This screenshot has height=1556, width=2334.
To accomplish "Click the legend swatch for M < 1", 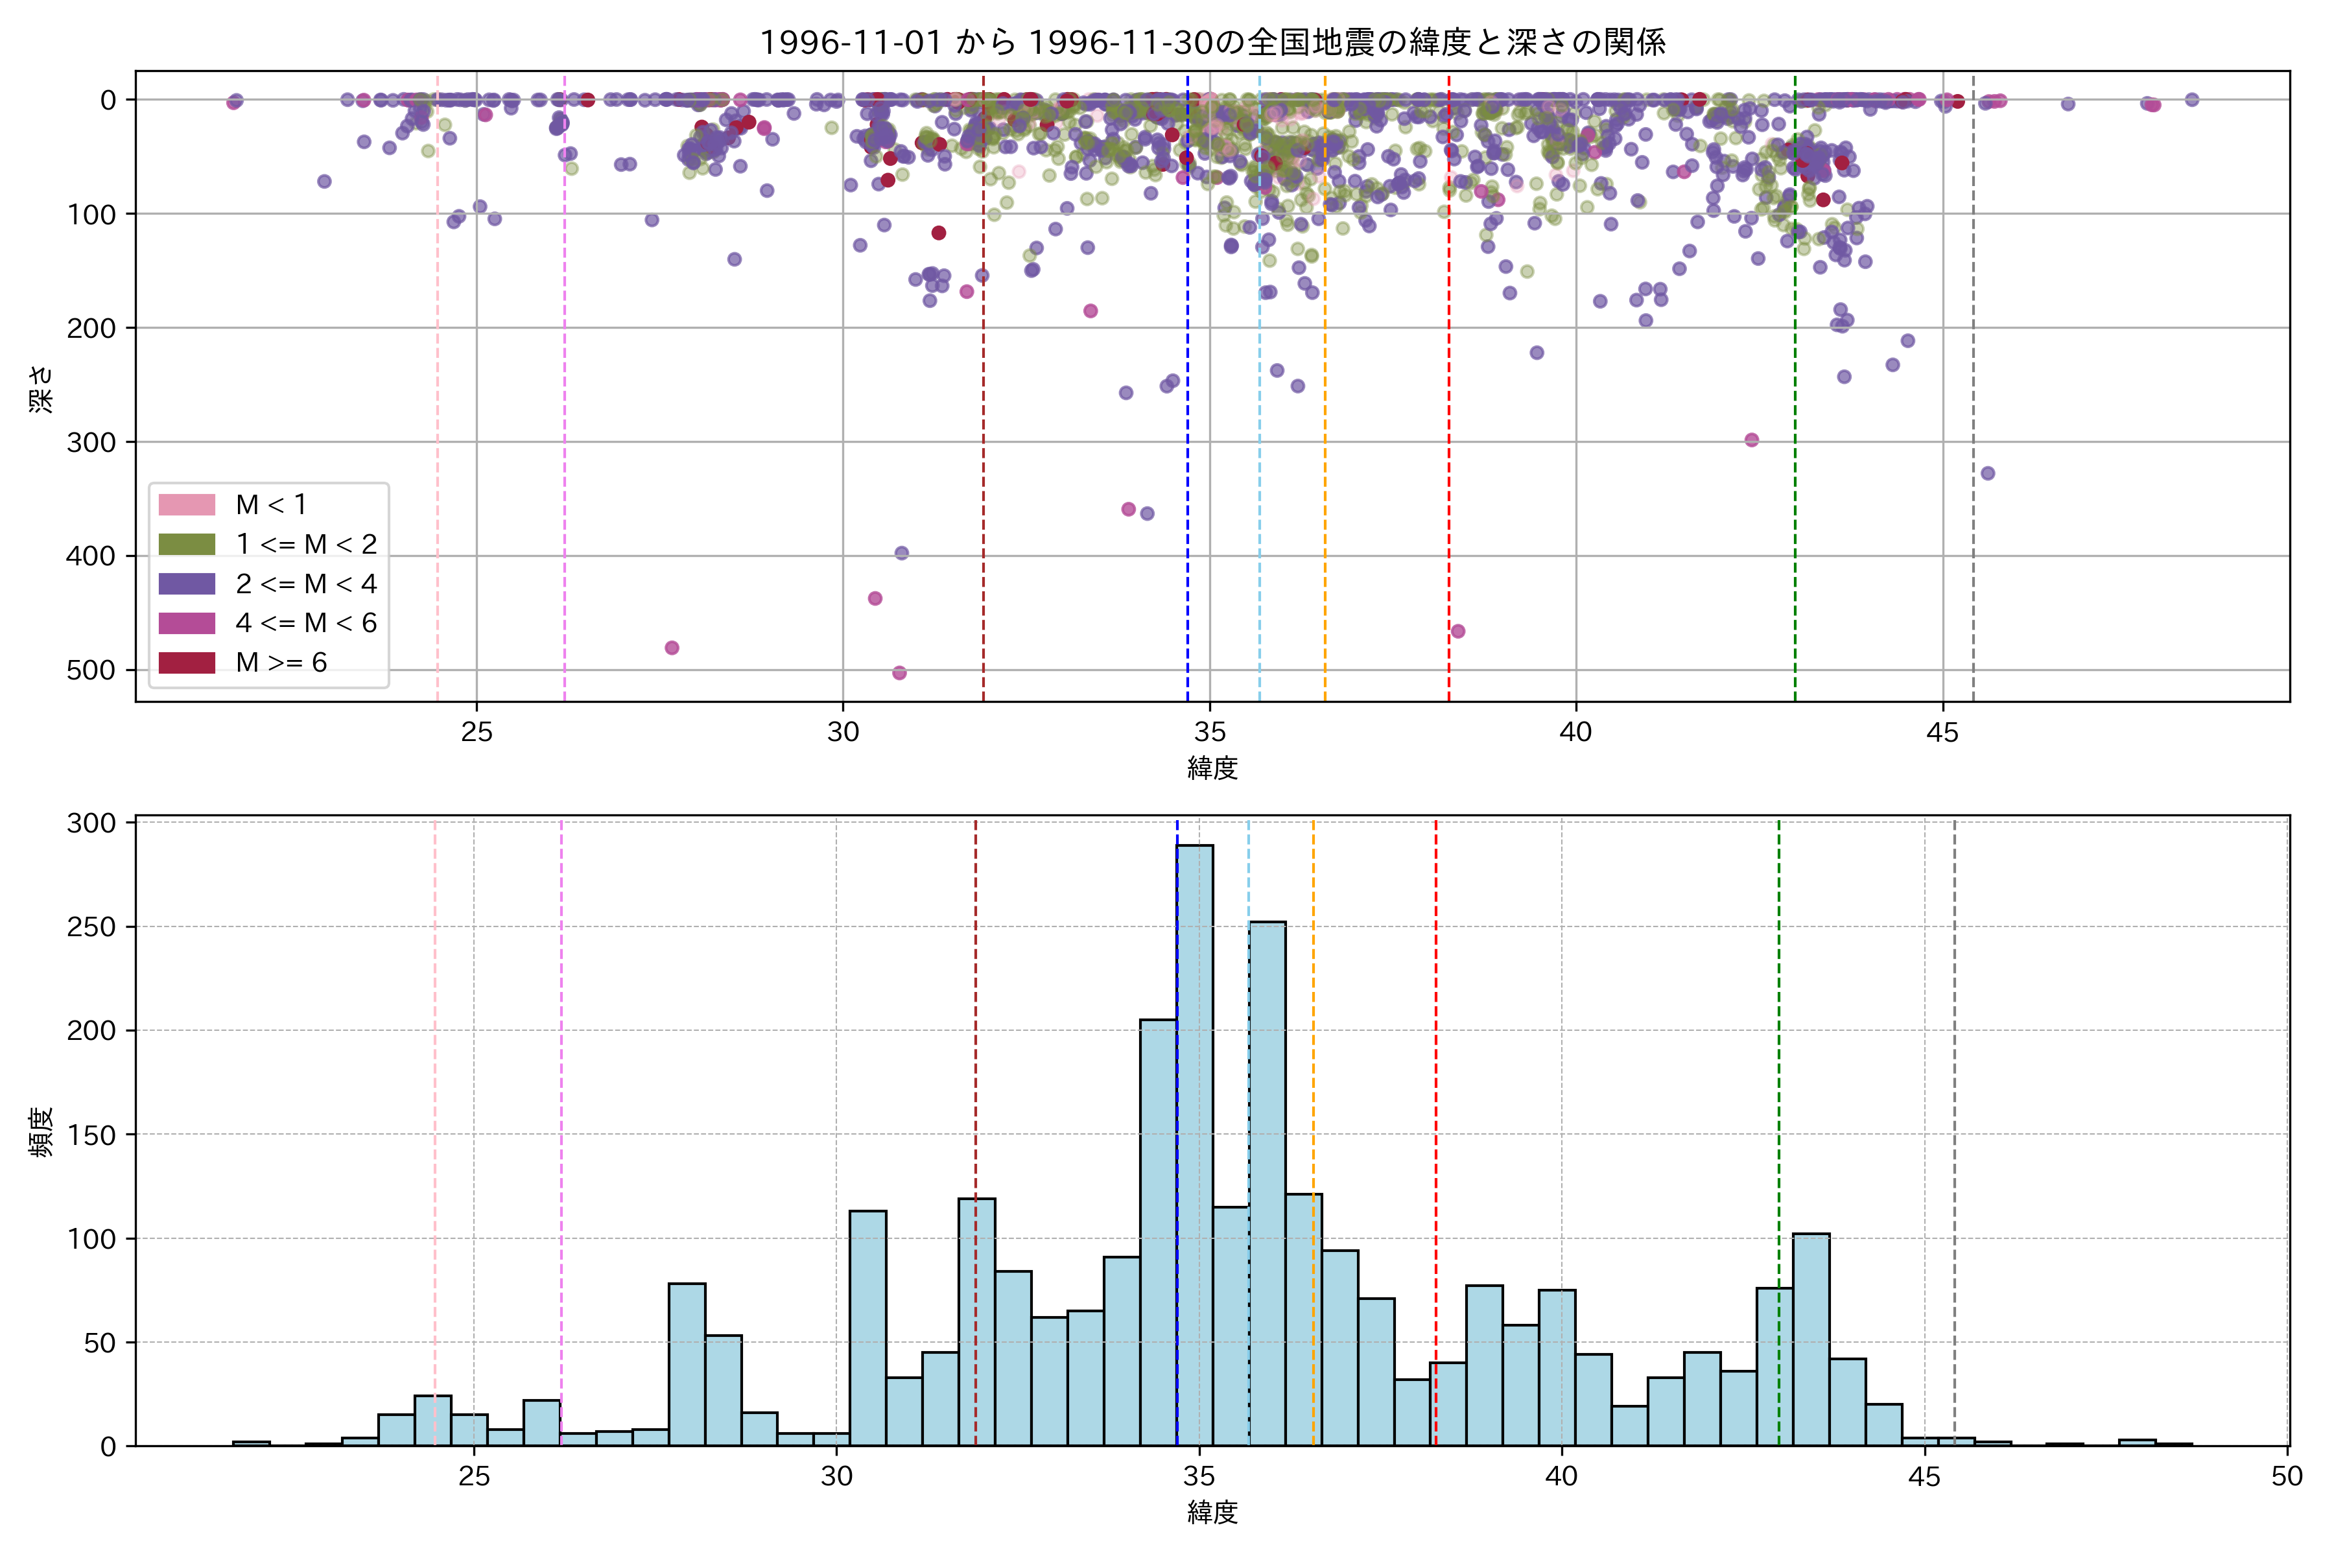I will (x=187, y=504).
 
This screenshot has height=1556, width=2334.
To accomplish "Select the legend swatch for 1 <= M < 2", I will (x=187, y=544).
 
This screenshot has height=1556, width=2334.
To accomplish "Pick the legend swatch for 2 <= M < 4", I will (x=187, y=583).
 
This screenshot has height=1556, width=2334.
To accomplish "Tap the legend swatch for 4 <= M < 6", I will (x=187, y=623).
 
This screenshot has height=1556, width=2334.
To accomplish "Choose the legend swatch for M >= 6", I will (x=187, y=662).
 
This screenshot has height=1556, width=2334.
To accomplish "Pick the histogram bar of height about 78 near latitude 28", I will (x=687, y=1365).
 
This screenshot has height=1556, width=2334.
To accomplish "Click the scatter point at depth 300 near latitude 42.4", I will (x=1752, y=440).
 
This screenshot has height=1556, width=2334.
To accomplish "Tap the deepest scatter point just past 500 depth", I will (x=899, y=673).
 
